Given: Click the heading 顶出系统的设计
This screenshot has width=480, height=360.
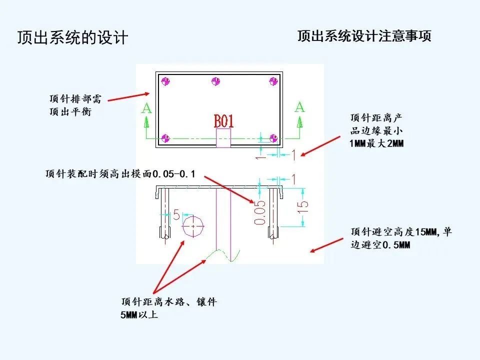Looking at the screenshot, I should [72, 38].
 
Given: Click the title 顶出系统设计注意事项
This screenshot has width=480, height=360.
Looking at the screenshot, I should [364, 36].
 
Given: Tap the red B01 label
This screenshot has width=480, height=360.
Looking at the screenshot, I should [223, 121].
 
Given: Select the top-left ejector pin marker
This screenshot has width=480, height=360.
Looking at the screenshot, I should [166, 81].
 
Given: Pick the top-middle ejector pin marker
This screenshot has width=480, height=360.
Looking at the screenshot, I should [216, 81].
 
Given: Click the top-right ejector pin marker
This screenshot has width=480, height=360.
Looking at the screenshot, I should [273, 81].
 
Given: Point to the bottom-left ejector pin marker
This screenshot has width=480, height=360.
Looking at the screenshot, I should [166, 137].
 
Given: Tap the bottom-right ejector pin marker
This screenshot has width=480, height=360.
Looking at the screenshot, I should [273, 137].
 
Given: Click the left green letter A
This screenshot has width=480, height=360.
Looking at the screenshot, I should [146, 108].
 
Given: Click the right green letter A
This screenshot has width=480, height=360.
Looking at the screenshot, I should [299, 106].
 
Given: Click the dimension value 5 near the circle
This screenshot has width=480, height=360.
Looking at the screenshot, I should [175, 215].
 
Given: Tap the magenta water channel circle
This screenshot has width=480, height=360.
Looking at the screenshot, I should [193, 227].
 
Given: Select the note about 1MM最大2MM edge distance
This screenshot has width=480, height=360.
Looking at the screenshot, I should [376, 130].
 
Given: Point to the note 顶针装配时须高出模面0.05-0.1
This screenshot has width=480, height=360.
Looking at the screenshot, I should [120, 174].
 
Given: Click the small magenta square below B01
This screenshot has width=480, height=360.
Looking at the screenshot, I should [223, 138].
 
